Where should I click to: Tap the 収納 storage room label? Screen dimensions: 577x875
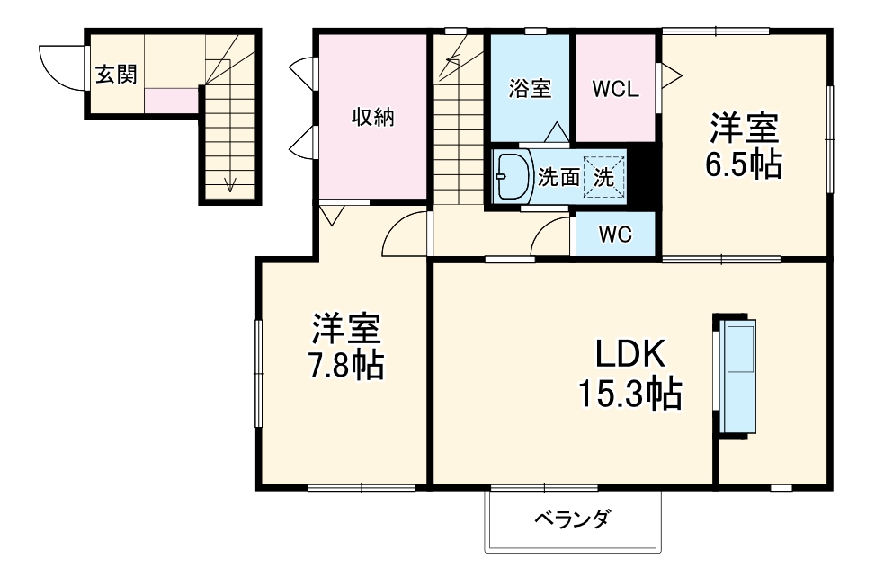pos(372,117)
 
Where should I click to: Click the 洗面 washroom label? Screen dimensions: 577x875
pos(558,177)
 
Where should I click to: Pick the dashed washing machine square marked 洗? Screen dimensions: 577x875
pos(603,177)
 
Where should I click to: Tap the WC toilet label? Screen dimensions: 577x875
pos(615,235)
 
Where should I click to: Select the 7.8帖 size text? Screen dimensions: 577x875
pos(347,365)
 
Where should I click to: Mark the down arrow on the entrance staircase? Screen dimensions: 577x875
pos(230,184)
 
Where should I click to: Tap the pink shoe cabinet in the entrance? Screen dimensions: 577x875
pos(174,100)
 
